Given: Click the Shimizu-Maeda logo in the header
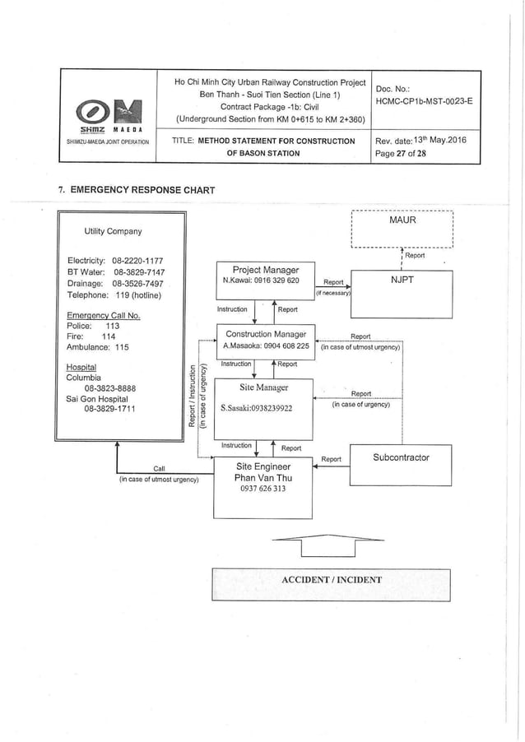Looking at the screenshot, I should tap(109, 114).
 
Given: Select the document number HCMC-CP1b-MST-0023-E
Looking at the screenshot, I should tap(423, 101).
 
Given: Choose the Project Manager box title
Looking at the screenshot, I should tap(266, 270).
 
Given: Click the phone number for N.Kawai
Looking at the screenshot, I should tap(276, 281).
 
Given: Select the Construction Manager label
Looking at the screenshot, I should tap(266, 334).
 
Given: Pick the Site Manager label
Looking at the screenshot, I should tap(263, 387).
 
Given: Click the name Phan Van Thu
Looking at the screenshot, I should tap(261, 477).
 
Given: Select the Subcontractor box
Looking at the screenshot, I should tap(401, 457).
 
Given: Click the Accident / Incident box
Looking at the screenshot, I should tap(332, 580).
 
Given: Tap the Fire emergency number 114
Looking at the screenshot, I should tap(109, 336).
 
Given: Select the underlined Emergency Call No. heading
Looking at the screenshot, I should tap(103, 315).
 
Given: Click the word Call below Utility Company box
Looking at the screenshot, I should tap(160, 469).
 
